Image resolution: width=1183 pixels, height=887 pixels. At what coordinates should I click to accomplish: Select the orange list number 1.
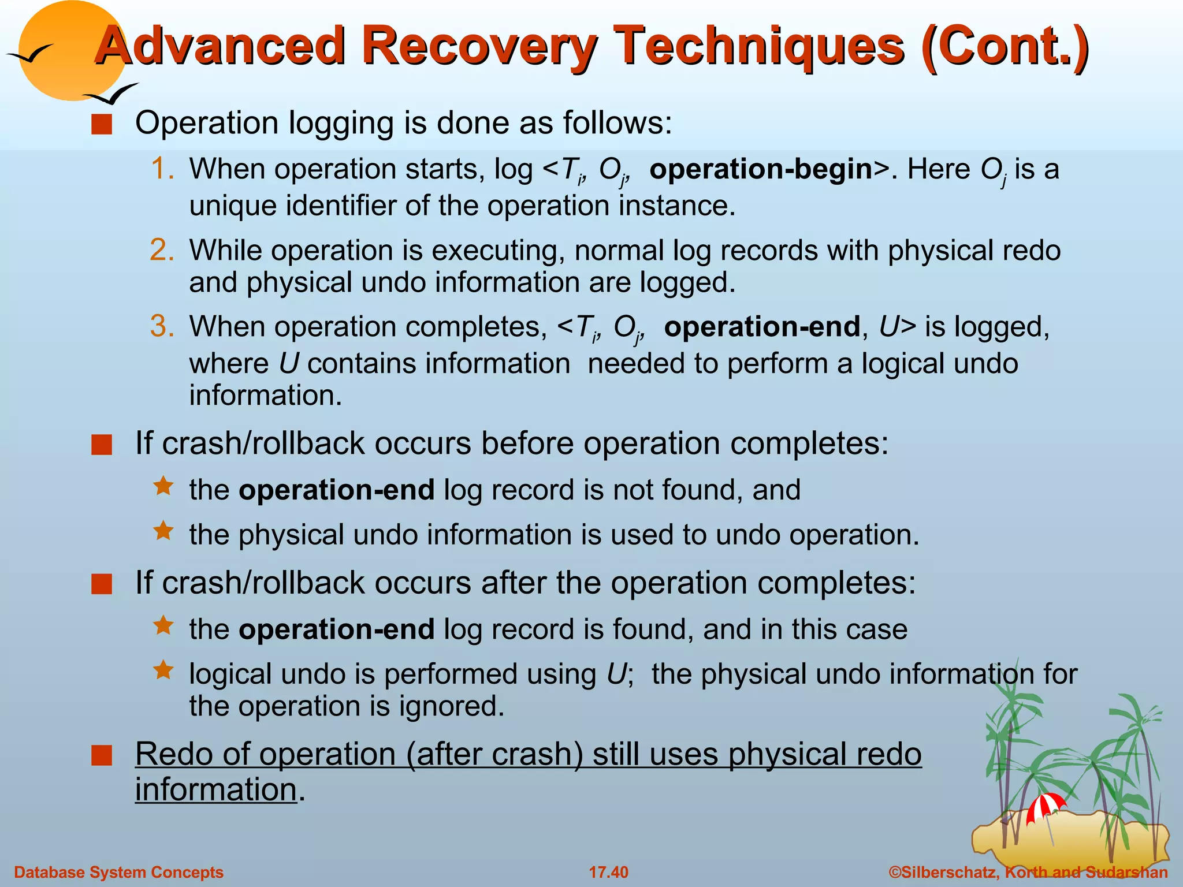point(162,169)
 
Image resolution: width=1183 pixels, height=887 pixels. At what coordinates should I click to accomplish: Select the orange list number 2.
point(162,251)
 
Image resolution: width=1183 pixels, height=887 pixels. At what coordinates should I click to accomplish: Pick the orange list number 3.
point(162,326)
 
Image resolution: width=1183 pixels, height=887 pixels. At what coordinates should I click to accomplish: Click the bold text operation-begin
point(761,169)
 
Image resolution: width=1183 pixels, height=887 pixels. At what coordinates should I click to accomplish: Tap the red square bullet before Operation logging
point(102,125)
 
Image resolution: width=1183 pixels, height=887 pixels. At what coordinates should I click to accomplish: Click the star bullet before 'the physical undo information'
point(163,531)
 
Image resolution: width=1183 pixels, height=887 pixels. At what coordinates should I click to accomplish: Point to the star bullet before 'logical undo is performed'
point(163,670)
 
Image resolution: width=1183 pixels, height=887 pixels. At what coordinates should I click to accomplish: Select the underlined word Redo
point(173,754)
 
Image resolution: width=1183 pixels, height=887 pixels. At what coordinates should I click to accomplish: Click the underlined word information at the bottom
point(216,789)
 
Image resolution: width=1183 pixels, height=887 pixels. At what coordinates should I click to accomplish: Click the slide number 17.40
point(608,872)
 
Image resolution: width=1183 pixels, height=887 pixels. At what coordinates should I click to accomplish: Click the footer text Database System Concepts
point(118,872)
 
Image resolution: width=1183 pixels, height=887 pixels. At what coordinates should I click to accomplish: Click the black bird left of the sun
point(29,55)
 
